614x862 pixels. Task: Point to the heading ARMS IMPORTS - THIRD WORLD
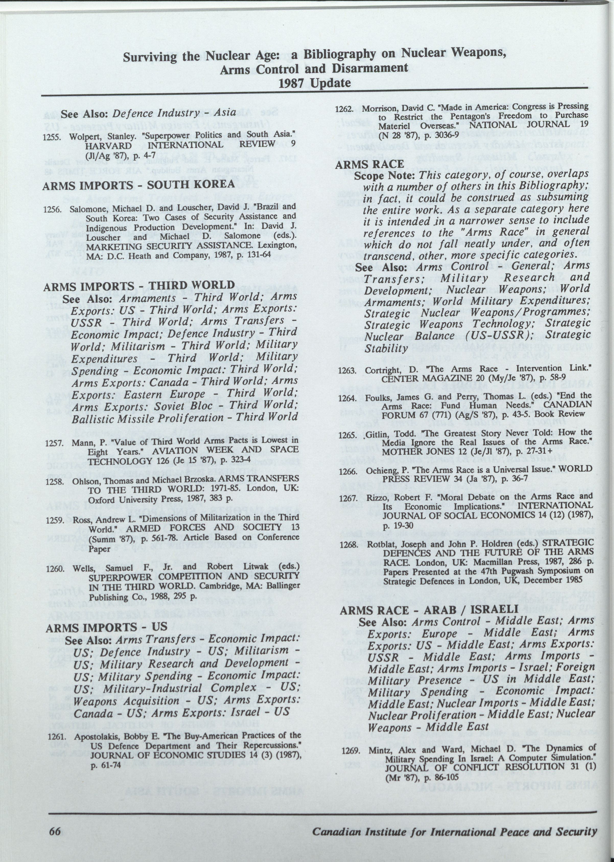[x=139, y=286]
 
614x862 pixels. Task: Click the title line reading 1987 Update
[x=315, y=83]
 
